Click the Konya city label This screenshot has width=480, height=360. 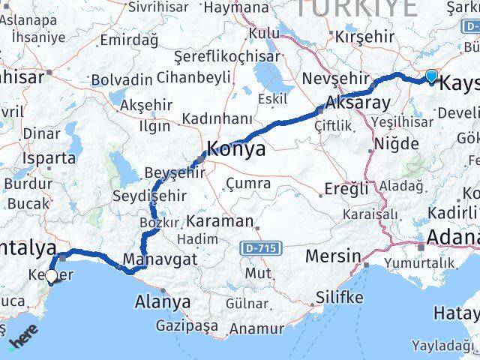click(x=236, y=149)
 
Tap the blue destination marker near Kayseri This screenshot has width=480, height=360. click(x=431, y=76)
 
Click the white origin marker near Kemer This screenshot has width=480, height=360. click(x=51, y=277)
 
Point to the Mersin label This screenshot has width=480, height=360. click(x=333, y=256)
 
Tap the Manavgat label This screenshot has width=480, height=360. click(x=159, y=259)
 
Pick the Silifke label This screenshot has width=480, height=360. click(x=339, y=297)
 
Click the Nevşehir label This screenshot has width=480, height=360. click(x=336, y=78)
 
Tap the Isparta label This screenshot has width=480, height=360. click(x=49, y=158)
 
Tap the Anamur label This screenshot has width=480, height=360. click(x=257, y=328)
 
